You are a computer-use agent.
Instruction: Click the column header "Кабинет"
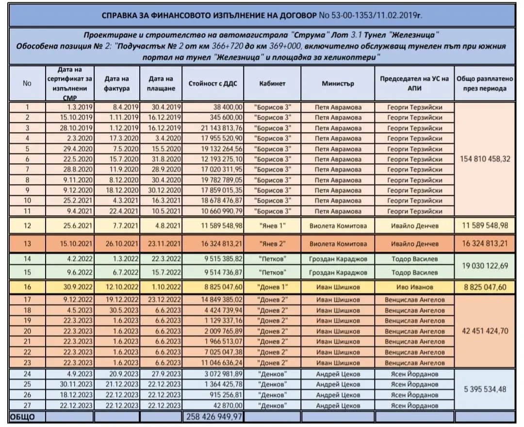click(272, 83)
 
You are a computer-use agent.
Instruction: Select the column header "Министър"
click(338, 83)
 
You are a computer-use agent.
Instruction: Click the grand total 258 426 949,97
click(213, 416)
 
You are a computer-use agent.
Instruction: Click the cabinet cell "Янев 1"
click(272, 225)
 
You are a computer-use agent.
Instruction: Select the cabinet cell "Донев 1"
click(272, 288)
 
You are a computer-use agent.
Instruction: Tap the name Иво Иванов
click(414, 288)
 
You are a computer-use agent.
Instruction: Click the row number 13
click(27, 243)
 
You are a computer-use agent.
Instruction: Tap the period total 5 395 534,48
click(485, 389)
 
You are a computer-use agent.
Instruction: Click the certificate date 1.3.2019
click(76, 107)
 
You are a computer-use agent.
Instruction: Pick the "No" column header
click(27, 83)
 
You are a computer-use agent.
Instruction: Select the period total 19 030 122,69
click(485, 266)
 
